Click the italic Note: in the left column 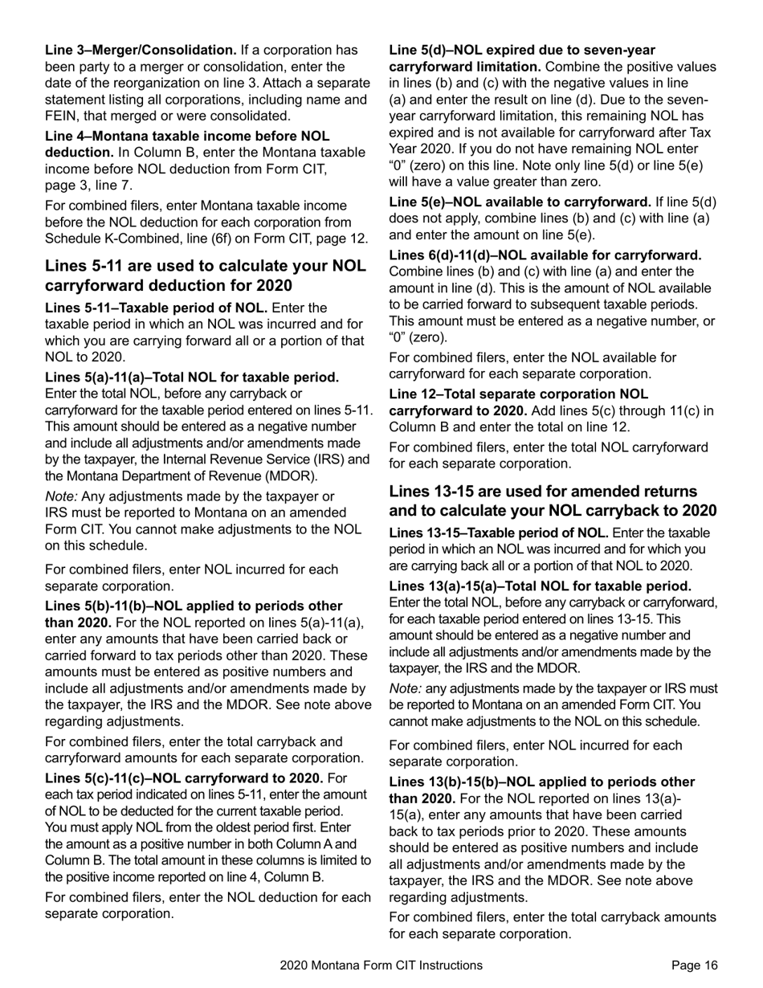(x=61, y=496)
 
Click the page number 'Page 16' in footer (x=695, y=966)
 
